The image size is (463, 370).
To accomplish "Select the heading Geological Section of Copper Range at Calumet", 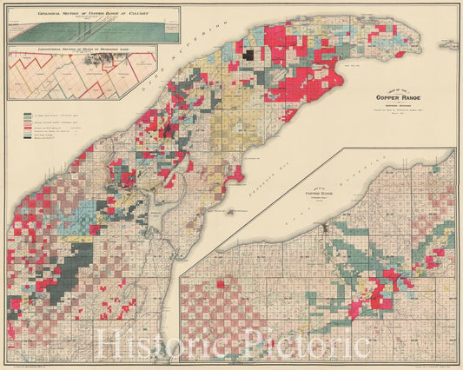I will pos(93,13).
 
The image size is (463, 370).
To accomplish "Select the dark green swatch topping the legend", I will pos(18,114).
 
